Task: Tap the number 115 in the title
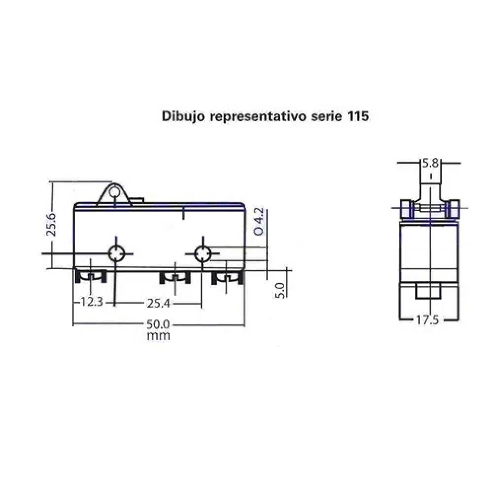coord(357,116)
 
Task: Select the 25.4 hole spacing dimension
coord(158,303)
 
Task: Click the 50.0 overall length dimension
coord(158,325)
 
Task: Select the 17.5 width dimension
coord(427,320)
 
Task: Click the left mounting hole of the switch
coord(116,253)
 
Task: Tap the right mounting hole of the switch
coord(202,254)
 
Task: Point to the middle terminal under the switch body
coord(175,278)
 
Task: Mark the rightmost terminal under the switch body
coord(227,279)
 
